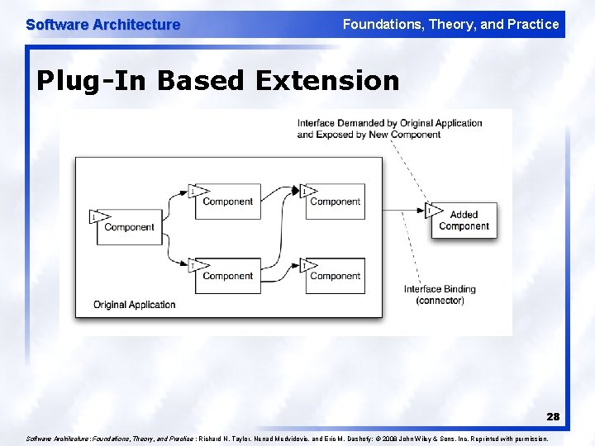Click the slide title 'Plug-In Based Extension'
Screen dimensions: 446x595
[218, 80]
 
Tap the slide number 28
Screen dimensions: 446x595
[553, 417]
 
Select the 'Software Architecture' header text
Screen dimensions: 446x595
[102, 25]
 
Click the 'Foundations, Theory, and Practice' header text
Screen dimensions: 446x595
[450, 24]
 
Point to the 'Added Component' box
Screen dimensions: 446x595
[464, 221]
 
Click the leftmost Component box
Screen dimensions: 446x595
[129, 227]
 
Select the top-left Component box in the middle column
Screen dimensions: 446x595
[227, 202]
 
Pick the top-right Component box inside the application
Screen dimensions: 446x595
[335, 202]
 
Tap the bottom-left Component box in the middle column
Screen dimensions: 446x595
[227, 276]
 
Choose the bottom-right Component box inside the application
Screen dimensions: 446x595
[335, 276]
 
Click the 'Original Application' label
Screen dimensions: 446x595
[134, 305]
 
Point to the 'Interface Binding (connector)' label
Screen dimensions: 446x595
[440, 295]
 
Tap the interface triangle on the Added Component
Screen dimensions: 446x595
[432, 210]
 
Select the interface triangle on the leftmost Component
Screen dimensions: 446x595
[98, 217]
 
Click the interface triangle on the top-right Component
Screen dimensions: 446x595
[307, 192]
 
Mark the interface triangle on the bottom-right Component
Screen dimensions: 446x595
[307, 265]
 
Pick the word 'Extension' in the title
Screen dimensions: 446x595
[327, 80]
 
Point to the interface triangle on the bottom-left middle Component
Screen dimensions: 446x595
[196, 265]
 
